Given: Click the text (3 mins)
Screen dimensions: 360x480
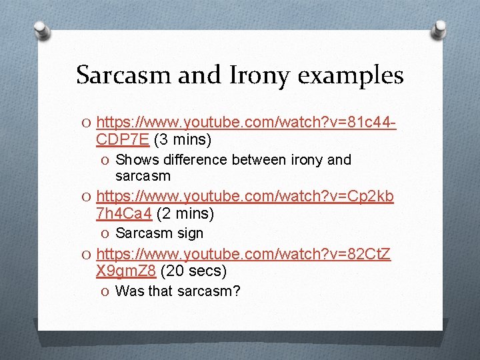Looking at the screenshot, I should (183, 140).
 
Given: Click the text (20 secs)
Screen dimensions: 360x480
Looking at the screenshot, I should (193, 271).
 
